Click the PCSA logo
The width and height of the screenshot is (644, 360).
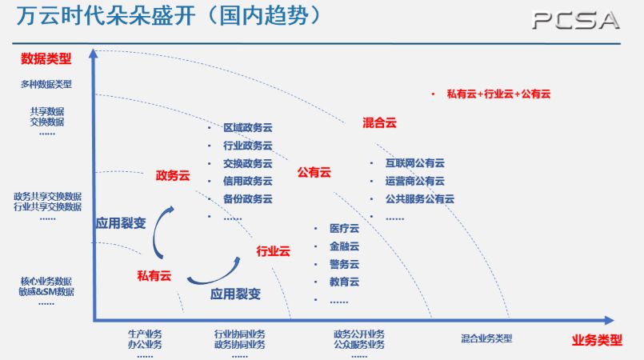[x=575, y=21]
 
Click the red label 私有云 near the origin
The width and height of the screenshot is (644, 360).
[x=154, y=276]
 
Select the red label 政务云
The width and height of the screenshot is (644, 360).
[x=172, y=175]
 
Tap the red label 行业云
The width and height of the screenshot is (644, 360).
[x=273, y=251]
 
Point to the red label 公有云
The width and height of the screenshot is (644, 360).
[x=314, y=172]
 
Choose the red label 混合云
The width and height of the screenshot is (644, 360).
[x=379, y=122]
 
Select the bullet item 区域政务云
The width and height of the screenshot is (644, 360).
[x=247, y=128]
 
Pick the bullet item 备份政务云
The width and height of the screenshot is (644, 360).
[x=247, y=198]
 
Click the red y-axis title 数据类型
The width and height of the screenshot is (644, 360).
[x=46, y=58]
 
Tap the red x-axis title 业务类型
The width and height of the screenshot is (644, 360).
[x=597, y=339]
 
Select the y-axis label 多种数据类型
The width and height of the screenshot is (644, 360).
[x=46, y=84]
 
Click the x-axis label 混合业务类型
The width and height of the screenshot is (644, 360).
[x=486, y=338]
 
